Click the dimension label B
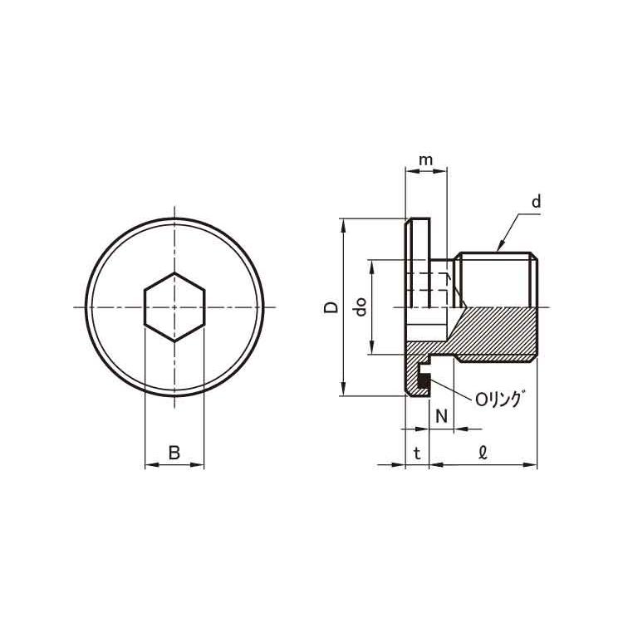coord(174,453)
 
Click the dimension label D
coord(331,307)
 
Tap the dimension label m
coord(425,159)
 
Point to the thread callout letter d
coord(536,201)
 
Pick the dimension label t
coord(417,453)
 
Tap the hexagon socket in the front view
coord(174,307)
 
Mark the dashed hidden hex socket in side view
coord(431,287)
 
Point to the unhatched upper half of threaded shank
coord(498,280)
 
